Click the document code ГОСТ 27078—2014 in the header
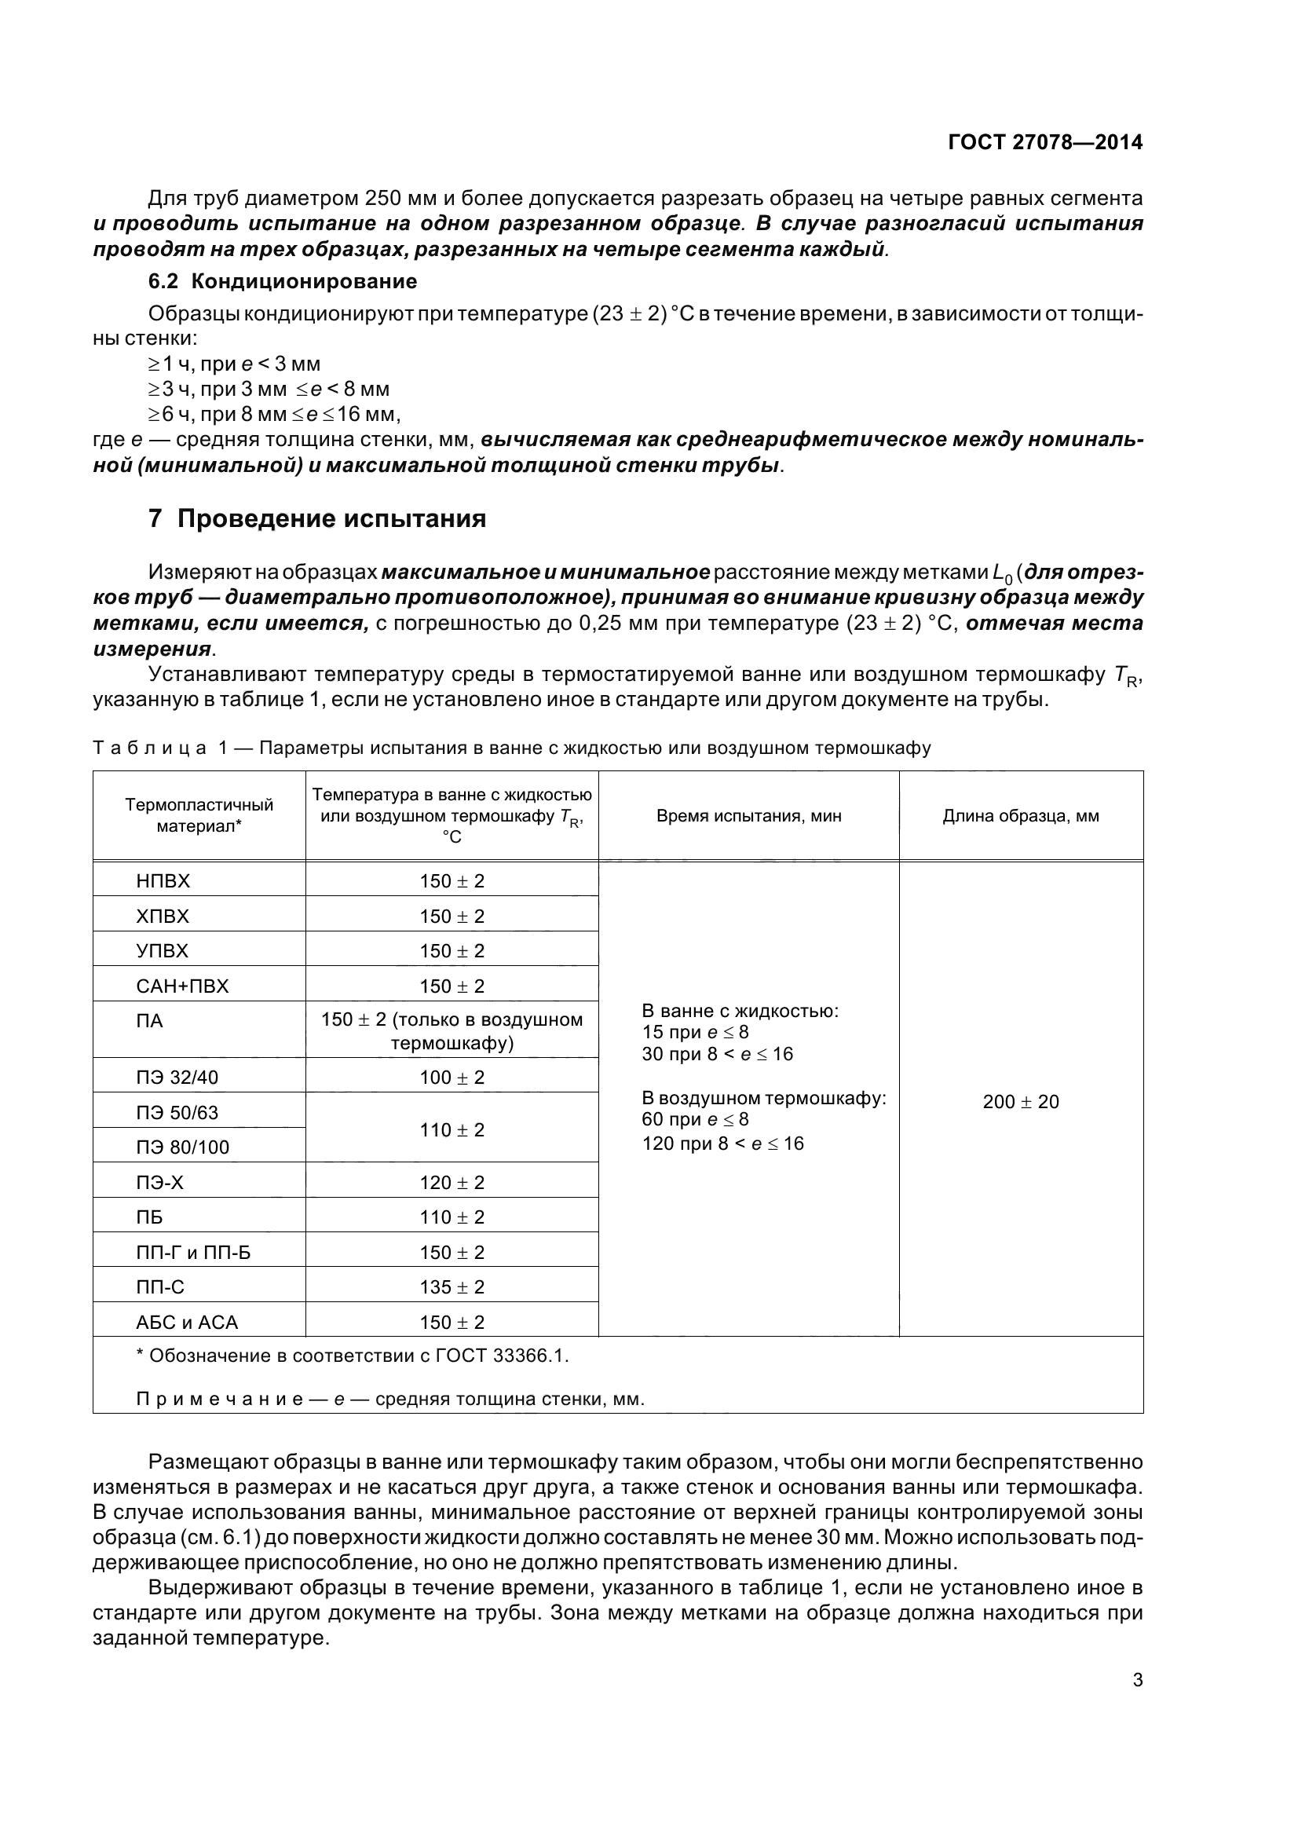coord(1044,142)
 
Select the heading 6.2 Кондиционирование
coord(283,281)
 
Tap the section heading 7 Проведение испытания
coord(316,518)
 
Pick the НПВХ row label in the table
coord(163,881)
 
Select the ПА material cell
coord(149,1021)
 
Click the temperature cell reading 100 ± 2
coord(452,1077)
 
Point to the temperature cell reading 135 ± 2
coord(452,1286)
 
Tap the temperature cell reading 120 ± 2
coord(452,1183)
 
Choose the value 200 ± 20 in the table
coord(1021,1102)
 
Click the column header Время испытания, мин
coord(748,816)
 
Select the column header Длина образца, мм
coord(1021,816)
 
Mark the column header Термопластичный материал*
coord(199,815)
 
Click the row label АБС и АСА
coord(187,1322)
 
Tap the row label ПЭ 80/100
coord(182,1147)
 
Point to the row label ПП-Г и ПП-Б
coord(192,1252)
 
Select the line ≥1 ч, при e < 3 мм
coord(233,364)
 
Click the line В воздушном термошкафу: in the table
coord(764,1098)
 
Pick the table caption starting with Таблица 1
coord(512,748)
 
